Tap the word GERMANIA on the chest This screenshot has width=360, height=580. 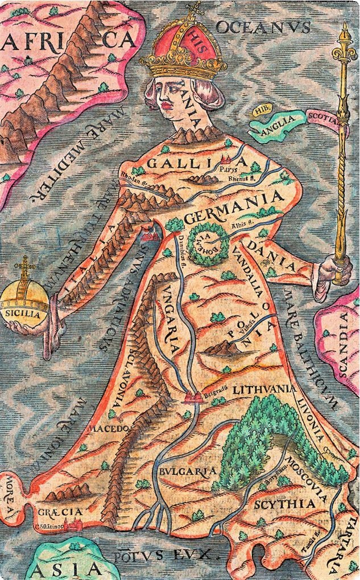234,209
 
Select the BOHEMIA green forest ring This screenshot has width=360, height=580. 209,244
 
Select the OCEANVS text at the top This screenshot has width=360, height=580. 263,27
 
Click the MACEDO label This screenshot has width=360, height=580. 107,426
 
